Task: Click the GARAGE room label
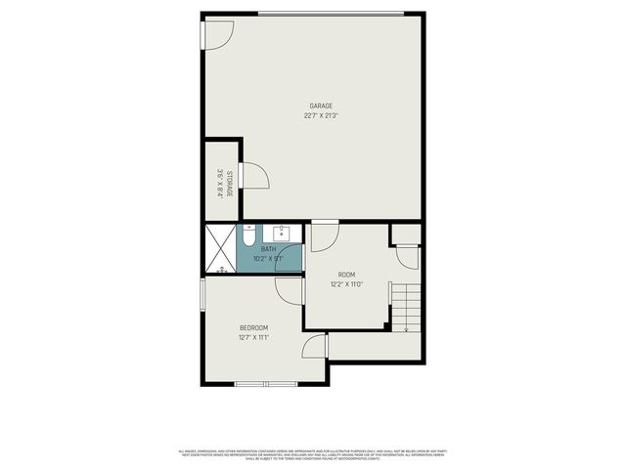click(x=321, y=106)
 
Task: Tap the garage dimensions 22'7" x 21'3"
click(x=321, y=115)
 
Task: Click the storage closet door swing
click(x=254, y=177)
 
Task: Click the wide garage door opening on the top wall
click(x=331, y=13)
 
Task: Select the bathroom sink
click(x=283, y=234)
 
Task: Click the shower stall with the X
click(x=220, y=249)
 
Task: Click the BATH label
click(x=267, y=249)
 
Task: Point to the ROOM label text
click(x=346, y=275)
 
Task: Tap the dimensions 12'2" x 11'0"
click(x=346, y=284)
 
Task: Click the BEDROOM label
click(x=253, y=327)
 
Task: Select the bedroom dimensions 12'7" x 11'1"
click(x=253, y=337)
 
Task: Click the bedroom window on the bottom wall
click(x=266, y=384)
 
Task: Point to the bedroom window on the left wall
click(x=202, y=294)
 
